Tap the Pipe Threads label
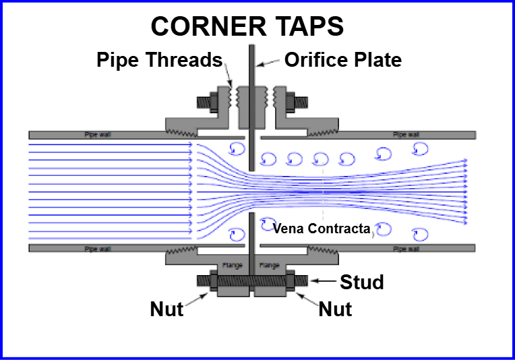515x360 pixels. click(x=159, y=60)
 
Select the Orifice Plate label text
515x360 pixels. click(x=342, y=60)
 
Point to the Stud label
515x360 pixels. click(x=361, y=281)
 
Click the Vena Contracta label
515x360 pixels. click(x=322, y=229)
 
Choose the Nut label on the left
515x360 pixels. click(x=167, y=309)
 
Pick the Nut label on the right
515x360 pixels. click(x=335, y=309)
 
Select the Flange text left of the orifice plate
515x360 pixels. click(x=232, y=265)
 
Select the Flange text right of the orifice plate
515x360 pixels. click(x=269, y=265)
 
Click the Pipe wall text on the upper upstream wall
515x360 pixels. click(x=96, y=134)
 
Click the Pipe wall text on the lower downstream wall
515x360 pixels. click(x=405, y=248)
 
